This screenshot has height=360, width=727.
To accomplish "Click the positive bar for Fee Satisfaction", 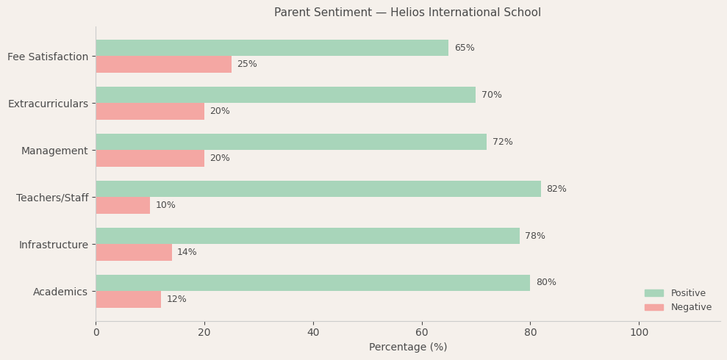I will click(272, 48).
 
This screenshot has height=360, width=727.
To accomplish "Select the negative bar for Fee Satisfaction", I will click(163, 65).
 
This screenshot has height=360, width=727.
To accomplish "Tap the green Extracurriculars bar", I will click(285, 95).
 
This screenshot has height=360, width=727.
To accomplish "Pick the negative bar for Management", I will click(150, 159).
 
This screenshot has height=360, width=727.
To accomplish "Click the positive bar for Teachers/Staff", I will click(318, 189).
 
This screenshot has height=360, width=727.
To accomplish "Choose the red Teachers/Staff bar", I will click(123, 206).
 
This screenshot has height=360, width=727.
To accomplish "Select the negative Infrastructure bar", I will click(134, 253).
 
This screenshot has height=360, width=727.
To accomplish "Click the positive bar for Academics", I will click(312, 283).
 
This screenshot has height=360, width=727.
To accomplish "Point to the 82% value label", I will click(556, 190).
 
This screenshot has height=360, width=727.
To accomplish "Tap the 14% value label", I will click(187, 253).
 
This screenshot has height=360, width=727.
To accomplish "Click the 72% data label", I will click(502, 143).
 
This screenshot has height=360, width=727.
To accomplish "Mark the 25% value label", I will click(247, 65).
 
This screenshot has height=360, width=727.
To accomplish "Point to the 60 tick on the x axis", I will click(422, 333).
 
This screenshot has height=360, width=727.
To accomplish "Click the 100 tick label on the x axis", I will click(640, 333).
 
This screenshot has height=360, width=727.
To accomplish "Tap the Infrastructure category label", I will click(53, 245).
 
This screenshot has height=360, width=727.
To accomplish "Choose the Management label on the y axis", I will click(54, 151).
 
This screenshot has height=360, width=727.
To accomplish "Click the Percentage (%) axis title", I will click(408, 348).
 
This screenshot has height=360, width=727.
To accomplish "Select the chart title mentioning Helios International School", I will click(407, 12).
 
